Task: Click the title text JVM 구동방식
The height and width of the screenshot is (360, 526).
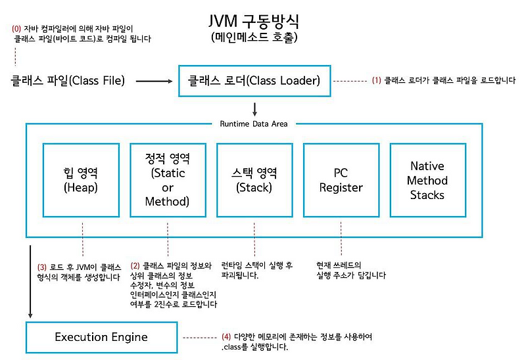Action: click(x=254, y=21)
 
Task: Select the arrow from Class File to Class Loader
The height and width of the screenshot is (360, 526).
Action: click(x=154, y=81)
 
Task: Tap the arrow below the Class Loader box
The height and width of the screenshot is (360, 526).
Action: click(x=254, y=110)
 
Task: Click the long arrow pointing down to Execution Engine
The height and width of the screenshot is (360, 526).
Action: click(x=30, y=282)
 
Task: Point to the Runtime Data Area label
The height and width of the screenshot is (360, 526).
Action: click(x=254, y=124)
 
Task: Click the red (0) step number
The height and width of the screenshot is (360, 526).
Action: click(x=16, y=28)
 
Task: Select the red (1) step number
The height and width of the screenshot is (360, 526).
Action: click(x=376, y=80)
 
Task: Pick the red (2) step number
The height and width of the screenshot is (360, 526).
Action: click(x=135, y=266)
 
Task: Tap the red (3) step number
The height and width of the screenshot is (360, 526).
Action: click(x=42, y=267)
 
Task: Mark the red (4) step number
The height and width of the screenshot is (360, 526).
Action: click(x=226, y=336)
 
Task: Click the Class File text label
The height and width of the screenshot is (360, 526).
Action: click(x=68, y=81)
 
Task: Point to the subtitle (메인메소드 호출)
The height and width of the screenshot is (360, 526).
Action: click(x=254, y=37)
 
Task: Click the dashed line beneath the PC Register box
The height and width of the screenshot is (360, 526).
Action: click(x=341, y=238)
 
